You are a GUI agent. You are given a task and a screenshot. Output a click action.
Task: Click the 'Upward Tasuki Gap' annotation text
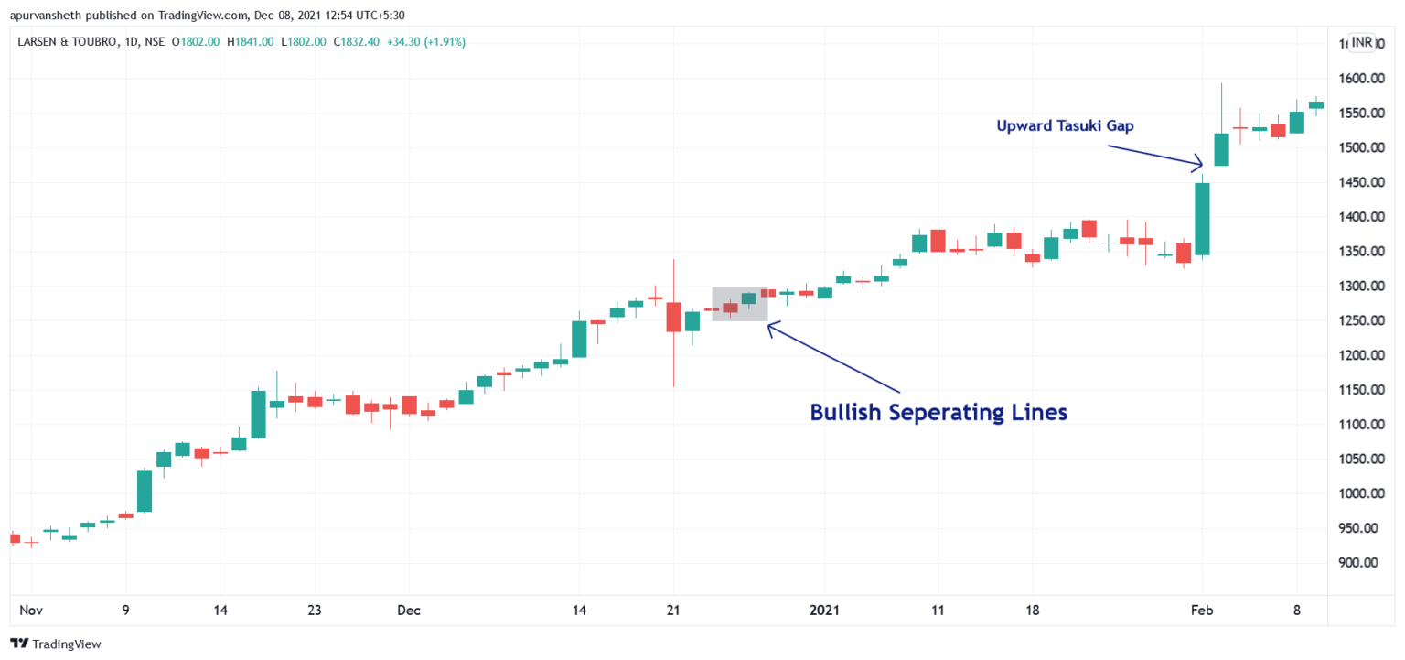[x=1065, y=126]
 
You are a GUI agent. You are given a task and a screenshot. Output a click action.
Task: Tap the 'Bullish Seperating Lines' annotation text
[x=938, y=413]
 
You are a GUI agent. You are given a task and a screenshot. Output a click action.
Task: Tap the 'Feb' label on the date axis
[x=1202, y=610]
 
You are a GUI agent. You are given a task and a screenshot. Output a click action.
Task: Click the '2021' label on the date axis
[x=824, y=610]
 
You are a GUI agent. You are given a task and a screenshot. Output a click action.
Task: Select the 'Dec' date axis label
[x=409, y=610]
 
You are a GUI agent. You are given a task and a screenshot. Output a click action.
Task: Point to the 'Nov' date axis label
[x=31, y=610]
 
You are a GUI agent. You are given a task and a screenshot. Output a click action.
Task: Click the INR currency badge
[x=1362, y=42]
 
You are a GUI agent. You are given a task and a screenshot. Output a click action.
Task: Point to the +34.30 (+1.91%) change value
[x=426, y=42]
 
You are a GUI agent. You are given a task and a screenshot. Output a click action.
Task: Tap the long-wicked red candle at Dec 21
[x=673, y=317]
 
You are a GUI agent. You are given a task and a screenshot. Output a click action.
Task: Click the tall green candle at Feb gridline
[x=1202, y=220]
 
